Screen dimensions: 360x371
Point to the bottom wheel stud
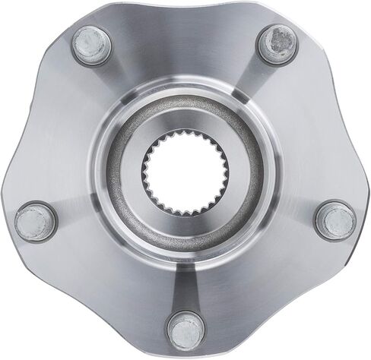pyautogui.click(x=183, y=329)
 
